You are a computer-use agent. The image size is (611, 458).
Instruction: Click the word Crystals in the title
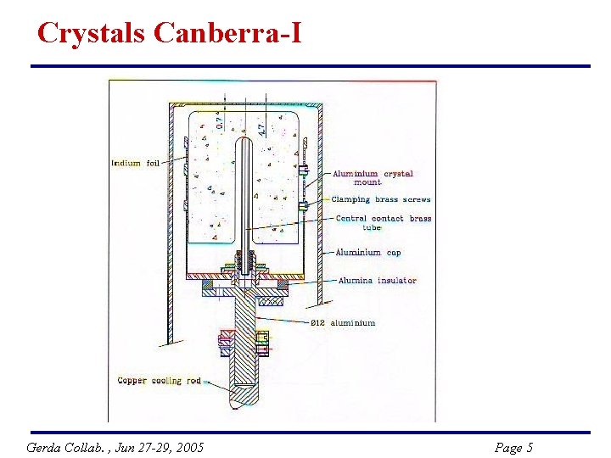coord(92,33)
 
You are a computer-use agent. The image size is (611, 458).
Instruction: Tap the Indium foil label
coord(135,162)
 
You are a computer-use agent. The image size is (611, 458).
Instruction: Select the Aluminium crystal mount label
coord(373,174)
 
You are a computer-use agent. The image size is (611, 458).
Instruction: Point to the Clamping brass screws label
coord(380,200)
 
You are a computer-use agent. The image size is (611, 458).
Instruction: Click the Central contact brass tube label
coord(384,219)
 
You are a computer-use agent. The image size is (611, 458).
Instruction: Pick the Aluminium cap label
coord(368,253)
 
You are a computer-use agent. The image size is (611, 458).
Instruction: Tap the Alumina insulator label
coord(377,281)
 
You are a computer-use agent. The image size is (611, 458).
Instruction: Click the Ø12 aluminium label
coord(342,323)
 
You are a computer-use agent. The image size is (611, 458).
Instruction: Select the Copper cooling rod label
coord(159,381)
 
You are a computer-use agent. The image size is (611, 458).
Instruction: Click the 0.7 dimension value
coord(220,121)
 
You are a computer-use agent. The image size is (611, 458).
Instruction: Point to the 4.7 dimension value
coord(261,128)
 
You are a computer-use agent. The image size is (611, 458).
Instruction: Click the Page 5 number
coord(513,447)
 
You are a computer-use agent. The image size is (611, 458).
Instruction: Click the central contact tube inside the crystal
coord(245,195)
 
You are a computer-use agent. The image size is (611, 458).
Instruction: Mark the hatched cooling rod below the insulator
coord(244,339)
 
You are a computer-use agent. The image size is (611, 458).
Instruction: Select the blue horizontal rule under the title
coord(310,66)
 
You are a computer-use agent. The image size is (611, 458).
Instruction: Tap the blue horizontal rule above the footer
coord(310,433)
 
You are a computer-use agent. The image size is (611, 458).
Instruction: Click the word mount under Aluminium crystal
coord(367,182)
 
